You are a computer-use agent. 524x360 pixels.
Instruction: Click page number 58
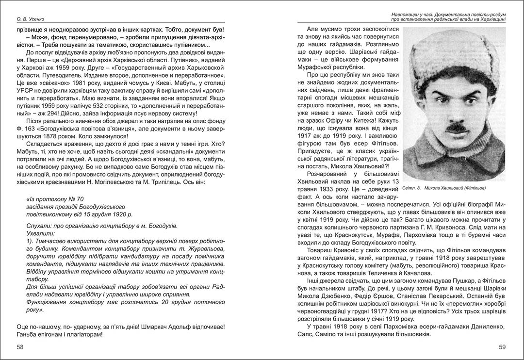[x=20, y=347]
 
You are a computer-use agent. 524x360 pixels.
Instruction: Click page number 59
[x=502, y=347]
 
